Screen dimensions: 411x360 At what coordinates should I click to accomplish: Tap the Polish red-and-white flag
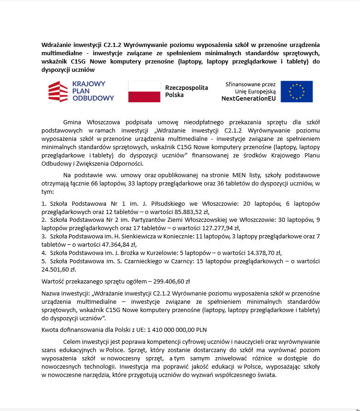click(x=144, y=91)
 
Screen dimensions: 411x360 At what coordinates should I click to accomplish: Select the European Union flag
click(x=296, y=91)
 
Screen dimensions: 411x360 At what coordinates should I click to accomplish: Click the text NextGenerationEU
click(x=248, y=98)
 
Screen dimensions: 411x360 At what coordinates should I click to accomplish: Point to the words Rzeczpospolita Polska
click(x=186, y=91)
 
